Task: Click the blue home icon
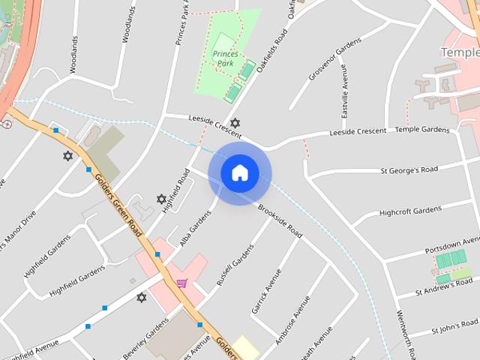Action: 239,172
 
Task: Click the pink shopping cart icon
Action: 181,283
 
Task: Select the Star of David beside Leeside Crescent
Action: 235,122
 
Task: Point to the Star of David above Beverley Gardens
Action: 142,298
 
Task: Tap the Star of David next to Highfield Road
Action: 161,199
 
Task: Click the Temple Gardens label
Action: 422,130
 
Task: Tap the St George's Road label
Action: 409,169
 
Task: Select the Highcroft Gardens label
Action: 410,211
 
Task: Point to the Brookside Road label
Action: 280,221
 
